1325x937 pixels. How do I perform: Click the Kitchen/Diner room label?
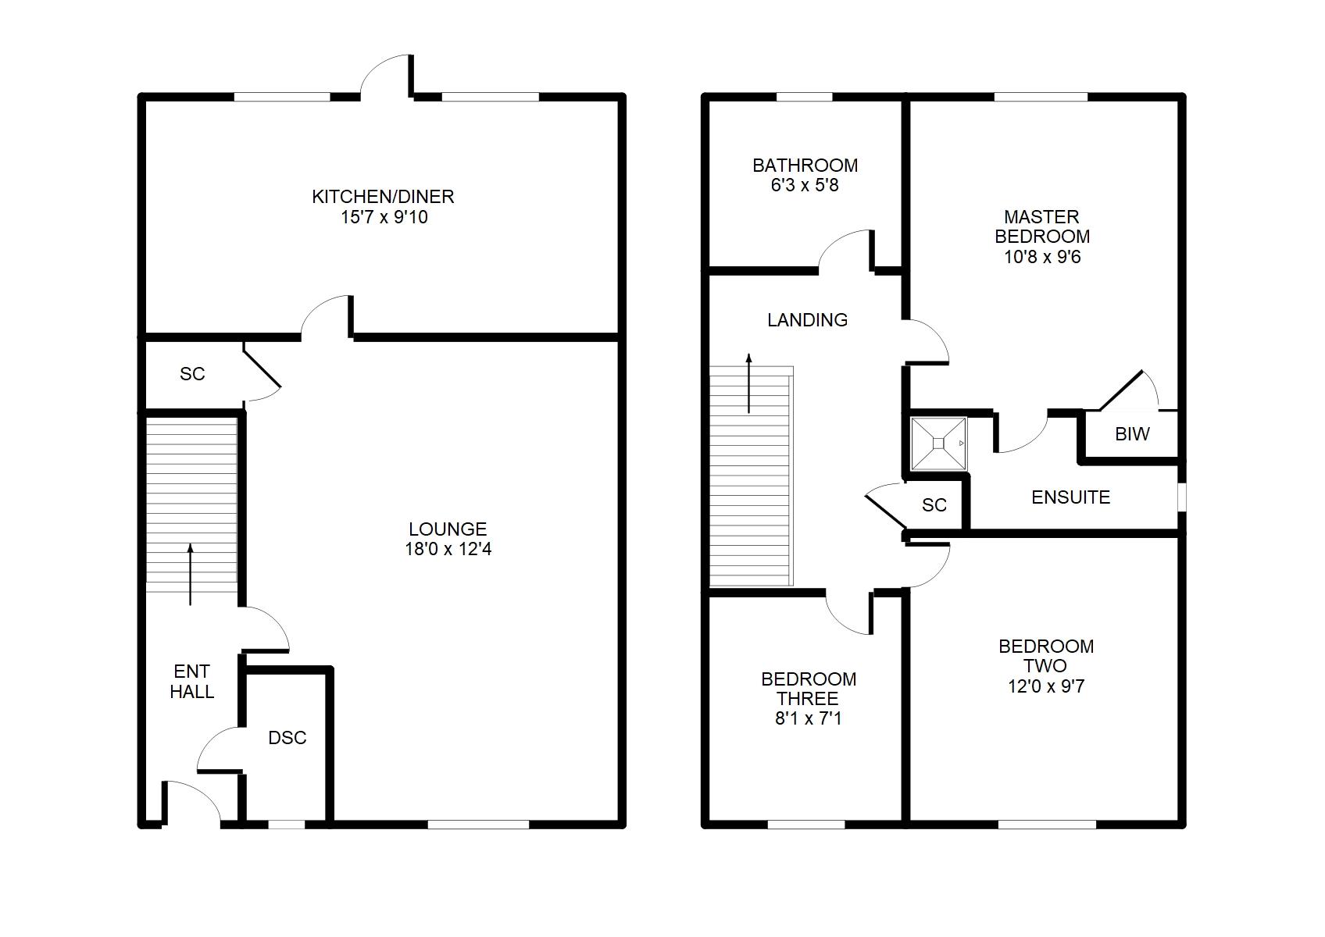click(x=383, y=197)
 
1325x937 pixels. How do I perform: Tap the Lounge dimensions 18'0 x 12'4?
click(x=448, y=549)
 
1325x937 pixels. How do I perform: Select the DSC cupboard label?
click(x=287, y=738)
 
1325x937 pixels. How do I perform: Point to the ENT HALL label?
click(x=191, y=682)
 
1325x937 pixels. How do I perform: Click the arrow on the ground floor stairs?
click(x=190, y=575)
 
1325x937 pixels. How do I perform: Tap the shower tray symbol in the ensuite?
click(x=938, y=444)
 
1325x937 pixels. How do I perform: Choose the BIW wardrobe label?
click(x=1132, y=435)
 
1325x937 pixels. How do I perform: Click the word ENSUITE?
click(x=1070, y=497)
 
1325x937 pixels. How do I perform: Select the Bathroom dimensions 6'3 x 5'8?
click(x=805, y=186)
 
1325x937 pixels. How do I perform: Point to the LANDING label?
click(x=807, y=320)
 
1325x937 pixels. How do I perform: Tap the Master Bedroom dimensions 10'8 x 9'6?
click(x=1042, y=257)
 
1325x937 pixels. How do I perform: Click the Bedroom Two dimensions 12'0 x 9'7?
click(x=1046, y=686)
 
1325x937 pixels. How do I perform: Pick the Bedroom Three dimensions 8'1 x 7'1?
click(x=809, y=718)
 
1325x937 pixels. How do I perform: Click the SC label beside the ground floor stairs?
click(x=192, y=374)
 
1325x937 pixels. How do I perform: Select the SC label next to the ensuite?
click(x=934, y=505)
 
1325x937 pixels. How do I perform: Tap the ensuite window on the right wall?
click(x=1181, y=497)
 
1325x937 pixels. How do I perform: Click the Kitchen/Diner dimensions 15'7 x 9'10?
click(x=384, y=217)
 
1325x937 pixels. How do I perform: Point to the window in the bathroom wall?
click(x=804, y=98)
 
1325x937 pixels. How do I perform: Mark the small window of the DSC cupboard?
click(x=287, y=824)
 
